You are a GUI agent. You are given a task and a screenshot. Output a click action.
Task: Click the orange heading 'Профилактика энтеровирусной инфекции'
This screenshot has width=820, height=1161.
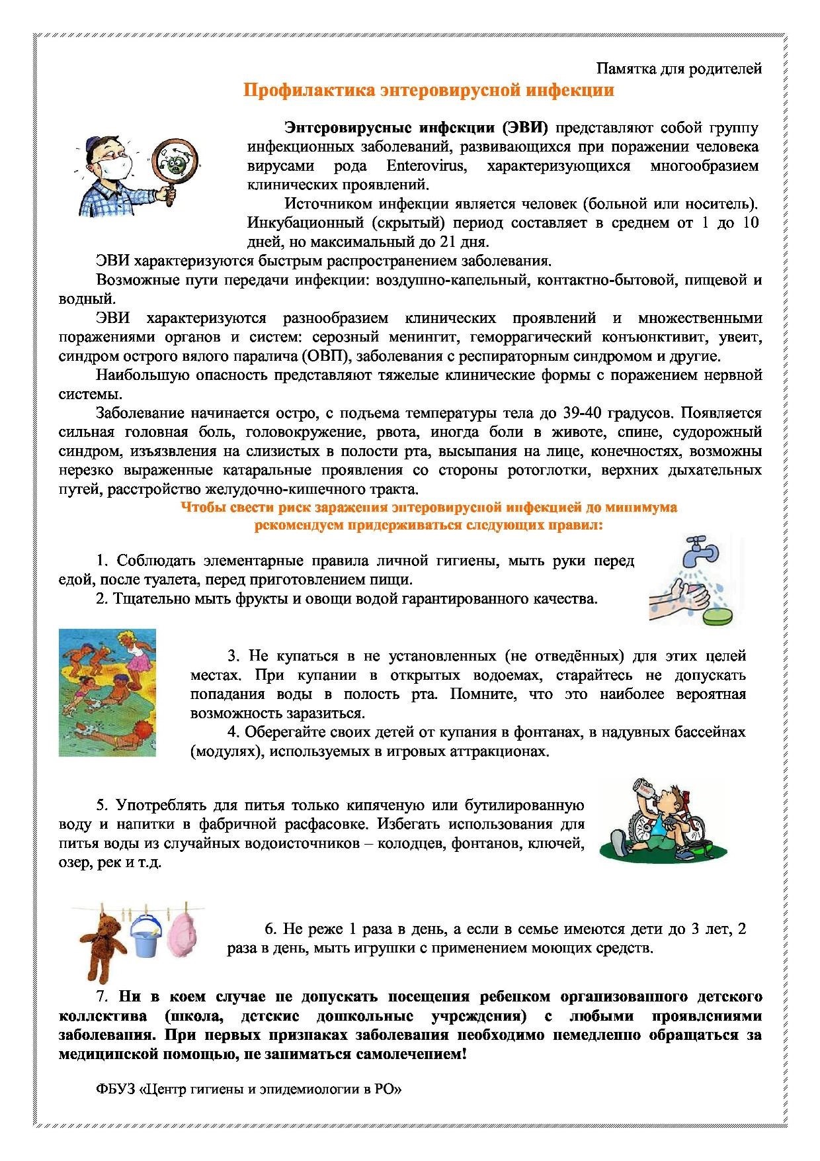tap(429, 90)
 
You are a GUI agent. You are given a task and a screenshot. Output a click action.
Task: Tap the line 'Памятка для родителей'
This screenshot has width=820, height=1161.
tap(679, 68)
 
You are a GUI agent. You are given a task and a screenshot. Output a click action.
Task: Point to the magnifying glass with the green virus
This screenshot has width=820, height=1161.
tap(176, 162)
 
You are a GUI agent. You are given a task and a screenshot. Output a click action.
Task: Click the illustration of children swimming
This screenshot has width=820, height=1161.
tap(107, 692)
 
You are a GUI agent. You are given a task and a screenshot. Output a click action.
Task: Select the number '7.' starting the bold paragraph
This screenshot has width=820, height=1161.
tap(102, 997)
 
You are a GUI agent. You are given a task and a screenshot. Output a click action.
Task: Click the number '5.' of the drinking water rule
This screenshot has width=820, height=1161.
tap(102, 806)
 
